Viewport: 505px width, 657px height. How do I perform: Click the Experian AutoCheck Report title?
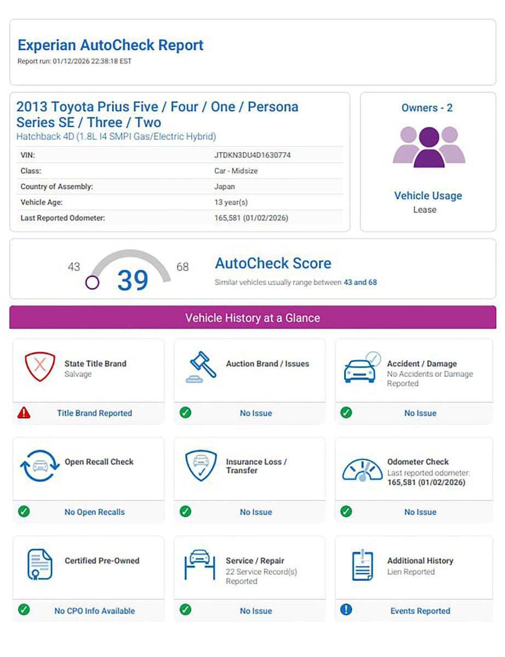tap(111, 45)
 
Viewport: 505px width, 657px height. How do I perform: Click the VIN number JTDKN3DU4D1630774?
tap(252, 155)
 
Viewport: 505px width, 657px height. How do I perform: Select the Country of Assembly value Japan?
tap(225, 186)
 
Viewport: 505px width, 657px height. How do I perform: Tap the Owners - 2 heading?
tap(427, 108)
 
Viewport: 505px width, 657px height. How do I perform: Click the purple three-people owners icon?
tap(429, 146)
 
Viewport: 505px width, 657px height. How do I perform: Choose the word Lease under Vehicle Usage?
tap(425, 210)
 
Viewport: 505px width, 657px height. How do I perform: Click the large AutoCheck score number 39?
tap(133, 281)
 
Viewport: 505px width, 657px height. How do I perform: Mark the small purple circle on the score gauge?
tap(93, 283)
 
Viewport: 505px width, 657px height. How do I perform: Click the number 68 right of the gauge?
tap(182, 267)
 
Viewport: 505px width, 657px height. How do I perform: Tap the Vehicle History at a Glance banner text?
tap(253, 318)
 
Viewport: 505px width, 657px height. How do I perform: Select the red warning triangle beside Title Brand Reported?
tap(24, 413)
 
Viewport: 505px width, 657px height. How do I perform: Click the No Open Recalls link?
tap(95, 512)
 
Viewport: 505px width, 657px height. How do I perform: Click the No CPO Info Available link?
tap(94, 610)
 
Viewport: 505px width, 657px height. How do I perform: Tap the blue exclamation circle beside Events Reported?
tap(346, 609)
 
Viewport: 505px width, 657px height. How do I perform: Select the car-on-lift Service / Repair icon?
tap(200, 564)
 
